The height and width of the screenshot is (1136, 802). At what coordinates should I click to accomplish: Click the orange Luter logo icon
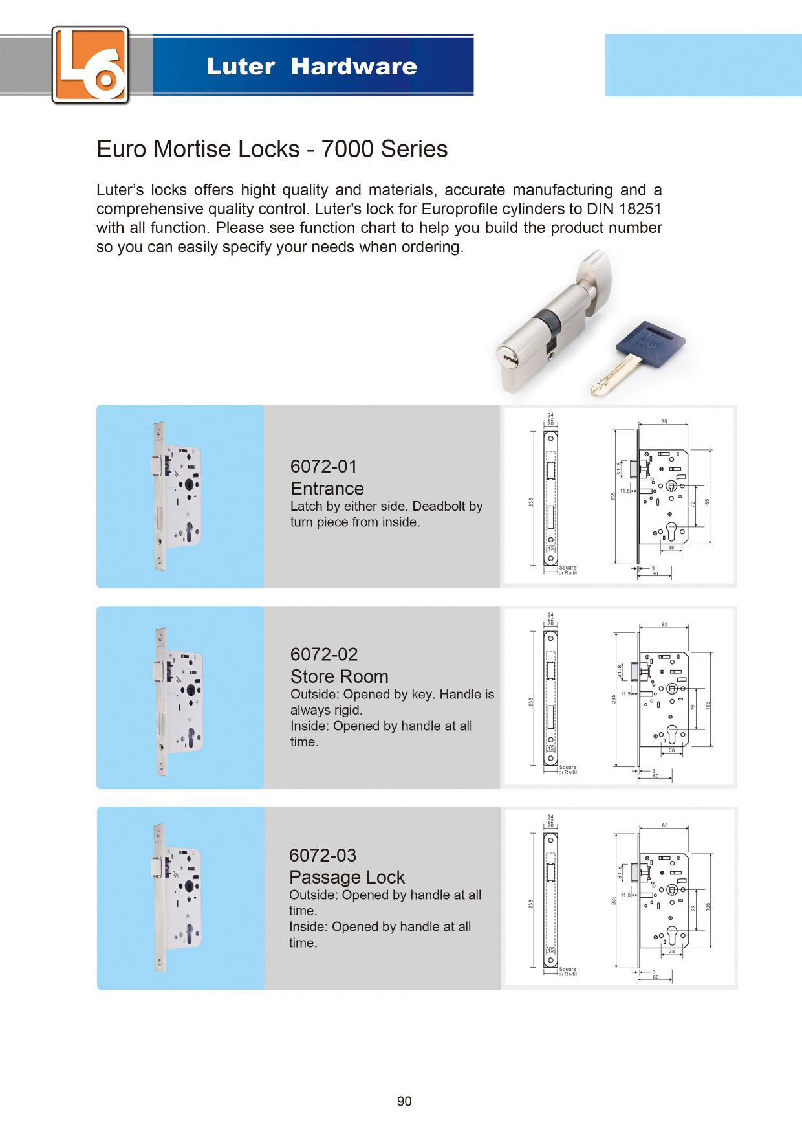(x=91, y=65)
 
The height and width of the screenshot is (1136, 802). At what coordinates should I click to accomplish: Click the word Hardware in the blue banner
(x=354, y=67)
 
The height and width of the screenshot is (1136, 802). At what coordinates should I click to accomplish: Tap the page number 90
(x=404, y=1101)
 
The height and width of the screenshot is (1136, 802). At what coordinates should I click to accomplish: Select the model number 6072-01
(x=323, y=466)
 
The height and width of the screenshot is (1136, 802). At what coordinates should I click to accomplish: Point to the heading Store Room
(x=340, y=676)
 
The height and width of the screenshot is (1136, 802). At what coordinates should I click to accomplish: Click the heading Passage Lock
(x=347, y=877)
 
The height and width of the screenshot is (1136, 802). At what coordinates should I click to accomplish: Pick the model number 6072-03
(x=323, y=855)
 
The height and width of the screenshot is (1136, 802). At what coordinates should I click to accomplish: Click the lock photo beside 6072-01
(x=178, y=496)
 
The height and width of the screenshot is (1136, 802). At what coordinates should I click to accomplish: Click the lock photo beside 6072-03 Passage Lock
(x=179, y=898)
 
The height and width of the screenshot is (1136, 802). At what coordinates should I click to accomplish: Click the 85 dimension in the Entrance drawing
(x=664, y=422)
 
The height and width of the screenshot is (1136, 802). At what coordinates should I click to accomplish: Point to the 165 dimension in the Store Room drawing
(x=708, y=705)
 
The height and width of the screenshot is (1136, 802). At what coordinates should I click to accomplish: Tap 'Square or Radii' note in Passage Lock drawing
(x=568, y=972)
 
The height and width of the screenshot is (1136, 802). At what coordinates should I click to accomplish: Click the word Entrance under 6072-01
(x=327, y=489)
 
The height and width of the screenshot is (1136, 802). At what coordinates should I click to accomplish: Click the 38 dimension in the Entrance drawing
(x=671, y=548)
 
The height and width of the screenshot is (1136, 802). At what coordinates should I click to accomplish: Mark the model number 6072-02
(x=324, y=654)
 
